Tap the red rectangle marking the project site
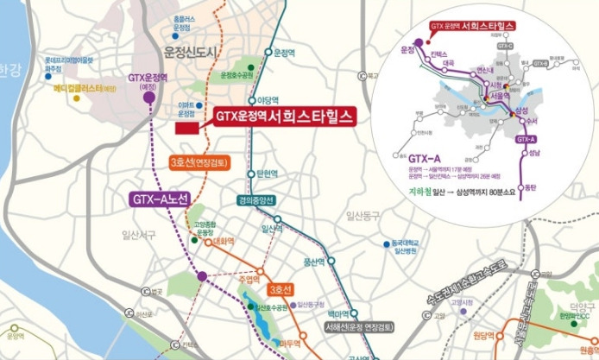pos(186,128)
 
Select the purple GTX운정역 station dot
pos(150,98)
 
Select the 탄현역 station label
pos(265,173)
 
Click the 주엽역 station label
pos(250,280)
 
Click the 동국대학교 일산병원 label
pos(405,246)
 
